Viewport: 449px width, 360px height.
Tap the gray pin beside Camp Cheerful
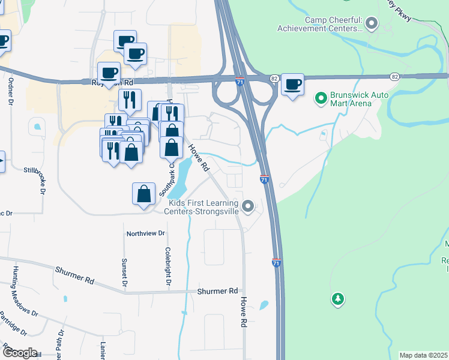[372, 24]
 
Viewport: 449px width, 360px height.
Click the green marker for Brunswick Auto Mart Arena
[321, 96]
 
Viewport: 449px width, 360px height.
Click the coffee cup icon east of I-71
[292, 85]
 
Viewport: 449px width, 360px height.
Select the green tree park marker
[338, 299]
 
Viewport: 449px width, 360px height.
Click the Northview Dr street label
[145, 233]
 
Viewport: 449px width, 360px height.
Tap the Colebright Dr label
[168, 266]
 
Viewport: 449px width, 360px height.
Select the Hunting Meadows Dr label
[24, 291]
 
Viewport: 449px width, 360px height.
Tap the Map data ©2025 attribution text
[423, 355]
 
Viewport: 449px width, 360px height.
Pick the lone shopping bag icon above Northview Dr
[143, 194]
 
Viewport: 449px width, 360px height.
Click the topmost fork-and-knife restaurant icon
[130, 100]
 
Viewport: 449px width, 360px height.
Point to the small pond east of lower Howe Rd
[264, 305]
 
